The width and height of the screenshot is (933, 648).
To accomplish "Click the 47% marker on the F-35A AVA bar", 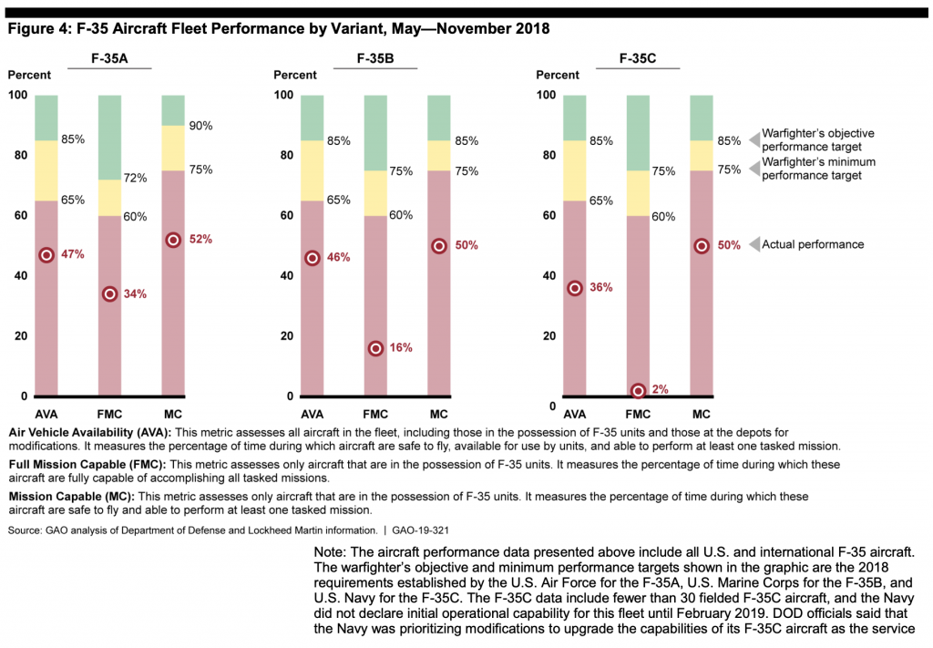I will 46,255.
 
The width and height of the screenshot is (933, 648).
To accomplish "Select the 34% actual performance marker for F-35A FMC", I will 110,293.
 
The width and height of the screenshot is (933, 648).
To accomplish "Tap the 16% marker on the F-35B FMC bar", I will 375,348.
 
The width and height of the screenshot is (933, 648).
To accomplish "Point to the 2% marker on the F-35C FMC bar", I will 639,390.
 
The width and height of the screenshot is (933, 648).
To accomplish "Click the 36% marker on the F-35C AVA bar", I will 575,288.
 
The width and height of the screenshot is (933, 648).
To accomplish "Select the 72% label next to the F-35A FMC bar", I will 136,179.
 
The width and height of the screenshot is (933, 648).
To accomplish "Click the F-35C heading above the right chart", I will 638,59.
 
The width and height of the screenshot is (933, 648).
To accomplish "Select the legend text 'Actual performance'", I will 813,244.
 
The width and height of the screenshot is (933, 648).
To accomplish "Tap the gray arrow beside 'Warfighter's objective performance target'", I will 754,139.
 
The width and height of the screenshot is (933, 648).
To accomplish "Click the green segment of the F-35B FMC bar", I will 375,132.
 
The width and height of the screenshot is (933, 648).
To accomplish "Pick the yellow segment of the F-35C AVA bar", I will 575,170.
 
